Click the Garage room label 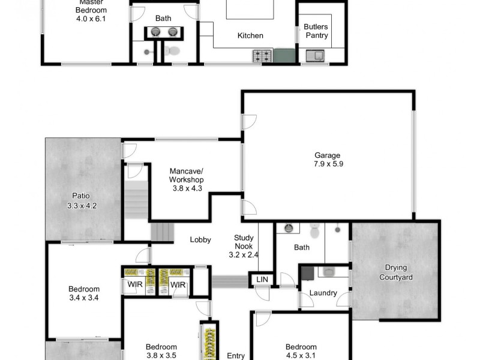[327, 155]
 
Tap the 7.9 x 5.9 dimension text [327, 164]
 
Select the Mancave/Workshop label [186, 175]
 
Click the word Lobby [200, 240]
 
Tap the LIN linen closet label [261, 280]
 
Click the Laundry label [323, 293]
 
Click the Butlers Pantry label [316, 31]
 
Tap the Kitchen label [250, 36]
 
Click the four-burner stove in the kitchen [262, 56]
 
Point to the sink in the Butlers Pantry [315, 56]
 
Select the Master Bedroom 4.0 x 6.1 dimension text [91, 19]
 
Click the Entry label [236, 356]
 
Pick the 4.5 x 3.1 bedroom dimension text [301, 355]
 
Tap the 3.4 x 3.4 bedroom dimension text [83, 298]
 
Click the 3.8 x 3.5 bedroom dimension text [161, 355]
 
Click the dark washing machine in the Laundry [307, 273]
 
